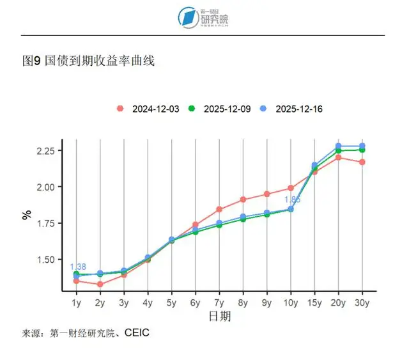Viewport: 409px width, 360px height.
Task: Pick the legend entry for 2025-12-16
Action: [293, 109]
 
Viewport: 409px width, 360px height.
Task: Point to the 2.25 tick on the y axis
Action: [49, 151]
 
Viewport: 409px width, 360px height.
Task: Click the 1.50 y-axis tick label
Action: [49, 260]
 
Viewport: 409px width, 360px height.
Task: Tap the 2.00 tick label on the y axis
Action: [49, 187]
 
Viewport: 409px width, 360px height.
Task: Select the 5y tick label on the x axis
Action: [172, 303]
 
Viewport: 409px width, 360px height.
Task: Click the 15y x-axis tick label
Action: [314, 303]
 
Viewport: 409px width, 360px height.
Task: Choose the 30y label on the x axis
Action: [362, 303]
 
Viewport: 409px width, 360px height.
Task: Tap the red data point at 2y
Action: [100, 284]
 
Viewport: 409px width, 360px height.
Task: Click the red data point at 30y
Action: [362, 162]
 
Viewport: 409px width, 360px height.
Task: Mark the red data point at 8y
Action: [243, 200]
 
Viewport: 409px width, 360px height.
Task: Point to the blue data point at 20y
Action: [339, 146]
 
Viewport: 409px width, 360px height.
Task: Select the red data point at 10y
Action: [291, 188]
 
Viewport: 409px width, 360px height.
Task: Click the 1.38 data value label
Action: [77, 267]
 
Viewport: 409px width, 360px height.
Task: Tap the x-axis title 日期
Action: [219, 317]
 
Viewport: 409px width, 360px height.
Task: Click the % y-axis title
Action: [26, 214]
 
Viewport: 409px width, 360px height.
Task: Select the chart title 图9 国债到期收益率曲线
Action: [88, 61]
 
